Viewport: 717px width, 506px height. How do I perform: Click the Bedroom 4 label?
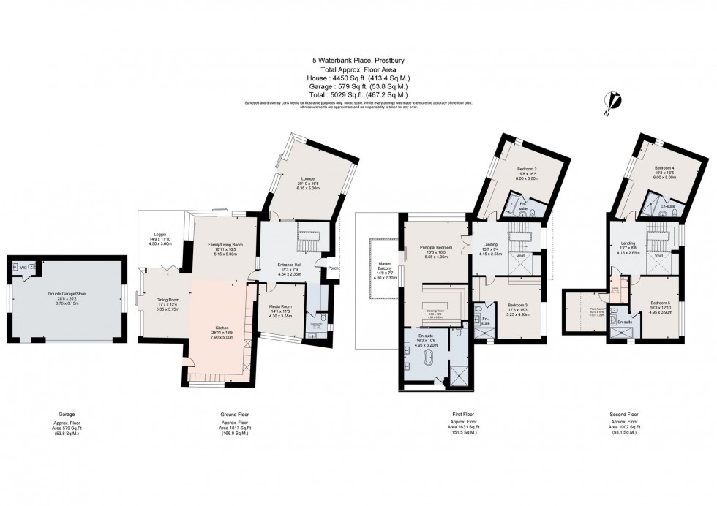tap(664, 168)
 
